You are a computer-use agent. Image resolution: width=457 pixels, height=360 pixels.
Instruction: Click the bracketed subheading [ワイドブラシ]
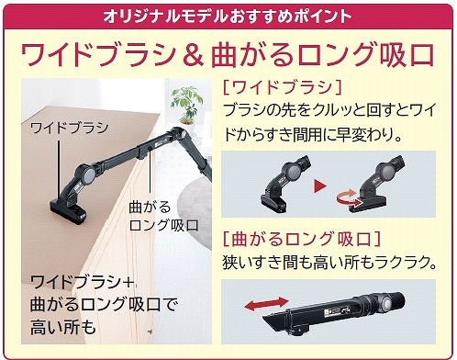tap(283, 90)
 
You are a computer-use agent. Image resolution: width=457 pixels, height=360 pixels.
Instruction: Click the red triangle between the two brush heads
tap(318, 186)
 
